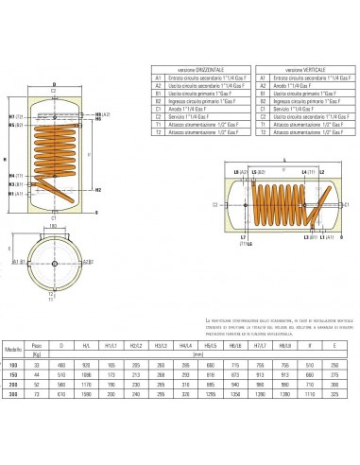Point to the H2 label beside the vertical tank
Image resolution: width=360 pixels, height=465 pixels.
pos(98,189)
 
